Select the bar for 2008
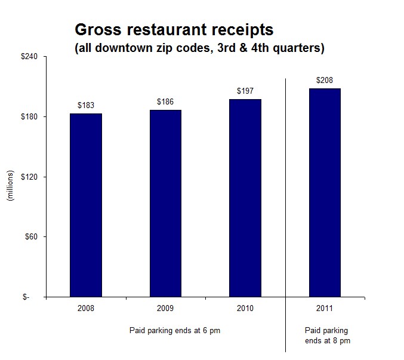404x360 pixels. (86, 205)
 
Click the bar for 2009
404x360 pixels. (165, 204)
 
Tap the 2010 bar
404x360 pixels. (245, 198)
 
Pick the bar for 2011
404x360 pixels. (325, 192)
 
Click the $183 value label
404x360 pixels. (86, 105)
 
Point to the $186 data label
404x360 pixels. (165, 101)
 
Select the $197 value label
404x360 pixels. (245, 91)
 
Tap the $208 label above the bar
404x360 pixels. (325, 80)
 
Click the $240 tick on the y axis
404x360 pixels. (29, 57)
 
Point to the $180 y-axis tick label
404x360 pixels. (29, 116)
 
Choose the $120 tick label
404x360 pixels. (29, 177)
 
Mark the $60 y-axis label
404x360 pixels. (31, 236)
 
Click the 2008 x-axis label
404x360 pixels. (86, 308)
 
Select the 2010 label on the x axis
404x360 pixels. (245, 308)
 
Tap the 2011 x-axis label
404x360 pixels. (325, 308)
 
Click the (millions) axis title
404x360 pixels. (10, 186)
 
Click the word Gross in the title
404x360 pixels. (98, 29)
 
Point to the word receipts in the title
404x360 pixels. (242, 30)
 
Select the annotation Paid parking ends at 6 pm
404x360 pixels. (175, 330)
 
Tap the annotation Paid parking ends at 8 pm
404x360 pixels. (328, 336)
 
